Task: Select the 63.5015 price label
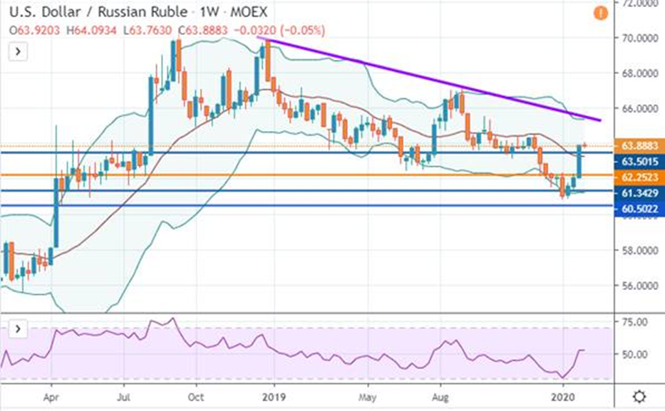[x=638, y=161]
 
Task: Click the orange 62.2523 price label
[x=638, y=175]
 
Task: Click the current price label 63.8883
[x=638, y=145]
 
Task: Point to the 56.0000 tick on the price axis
[x=636, y=286]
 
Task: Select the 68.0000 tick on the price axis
[x=636, y=73]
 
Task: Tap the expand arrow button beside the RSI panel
[x=16, y=330]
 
